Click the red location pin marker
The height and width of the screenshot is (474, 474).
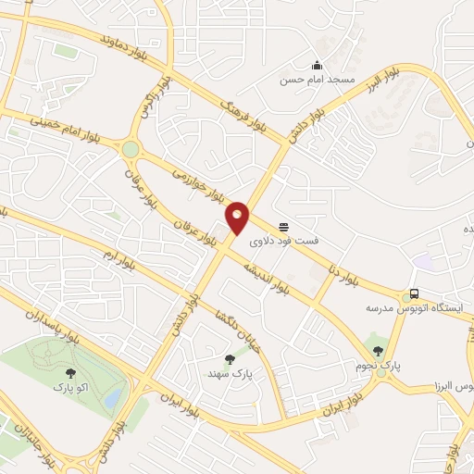(238, 218)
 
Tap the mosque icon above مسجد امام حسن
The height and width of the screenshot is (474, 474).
(318, 66)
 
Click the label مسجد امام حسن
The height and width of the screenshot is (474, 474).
(318, 81)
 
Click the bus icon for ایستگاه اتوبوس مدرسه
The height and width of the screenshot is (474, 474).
(415, 293)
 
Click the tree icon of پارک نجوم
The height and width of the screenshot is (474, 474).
(378, 349)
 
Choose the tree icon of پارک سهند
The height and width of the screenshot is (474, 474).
(230, 358)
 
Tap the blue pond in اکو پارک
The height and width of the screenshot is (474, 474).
(113, 398)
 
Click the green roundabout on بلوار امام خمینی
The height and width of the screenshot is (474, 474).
(130, 148)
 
